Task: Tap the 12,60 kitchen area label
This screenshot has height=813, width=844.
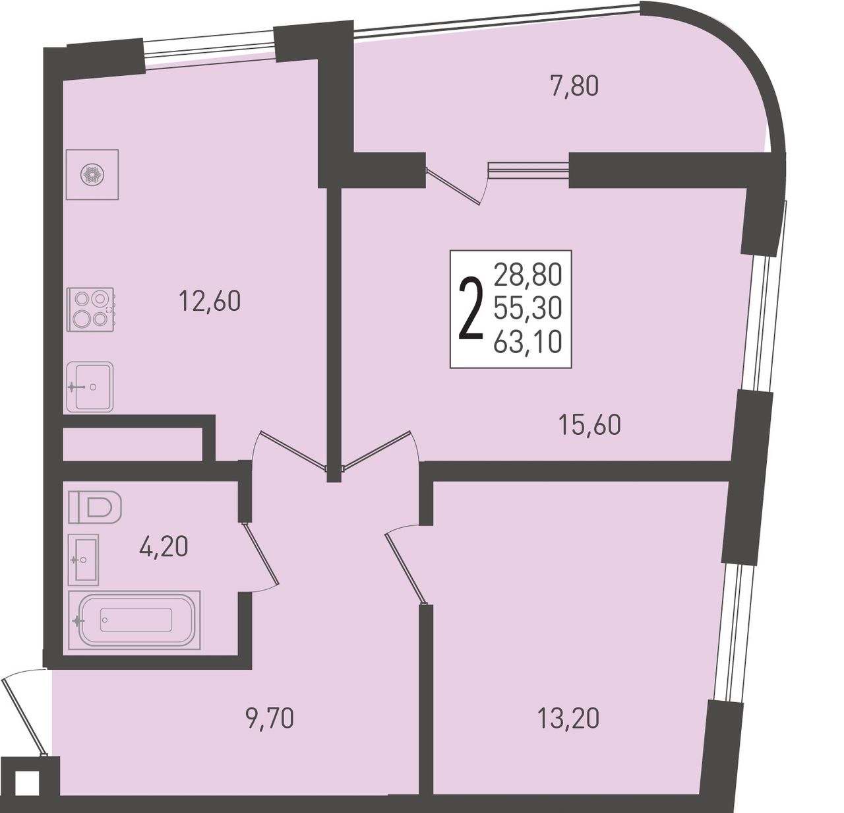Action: (210, 301)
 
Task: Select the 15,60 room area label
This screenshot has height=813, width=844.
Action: (590, 425)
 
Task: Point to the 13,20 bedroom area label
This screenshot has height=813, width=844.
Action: (568, 719)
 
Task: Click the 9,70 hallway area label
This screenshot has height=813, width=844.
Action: (269, 719)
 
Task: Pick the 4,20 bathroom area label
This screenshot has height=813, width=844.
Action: (164, 546)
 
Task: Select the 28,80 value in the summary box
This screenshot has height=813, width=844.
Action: (527, 275)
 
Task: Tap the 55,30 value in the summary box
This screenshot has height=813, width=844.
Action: (527, 309)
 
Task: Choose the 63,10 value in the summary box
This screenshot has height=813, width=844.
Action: (527, 342)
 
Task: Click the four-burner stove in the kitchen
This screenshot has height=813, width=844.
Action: (90, 308)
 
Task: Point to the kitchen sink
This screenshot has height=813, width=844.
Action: (90, 387)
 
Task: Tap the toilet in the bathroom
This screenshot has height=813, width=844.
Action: (95, 507)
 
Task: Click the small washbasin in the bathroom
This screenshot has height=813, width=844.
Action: (84, 560)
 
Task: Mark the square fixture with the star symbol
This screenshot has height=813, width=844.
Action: (92, 174)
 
